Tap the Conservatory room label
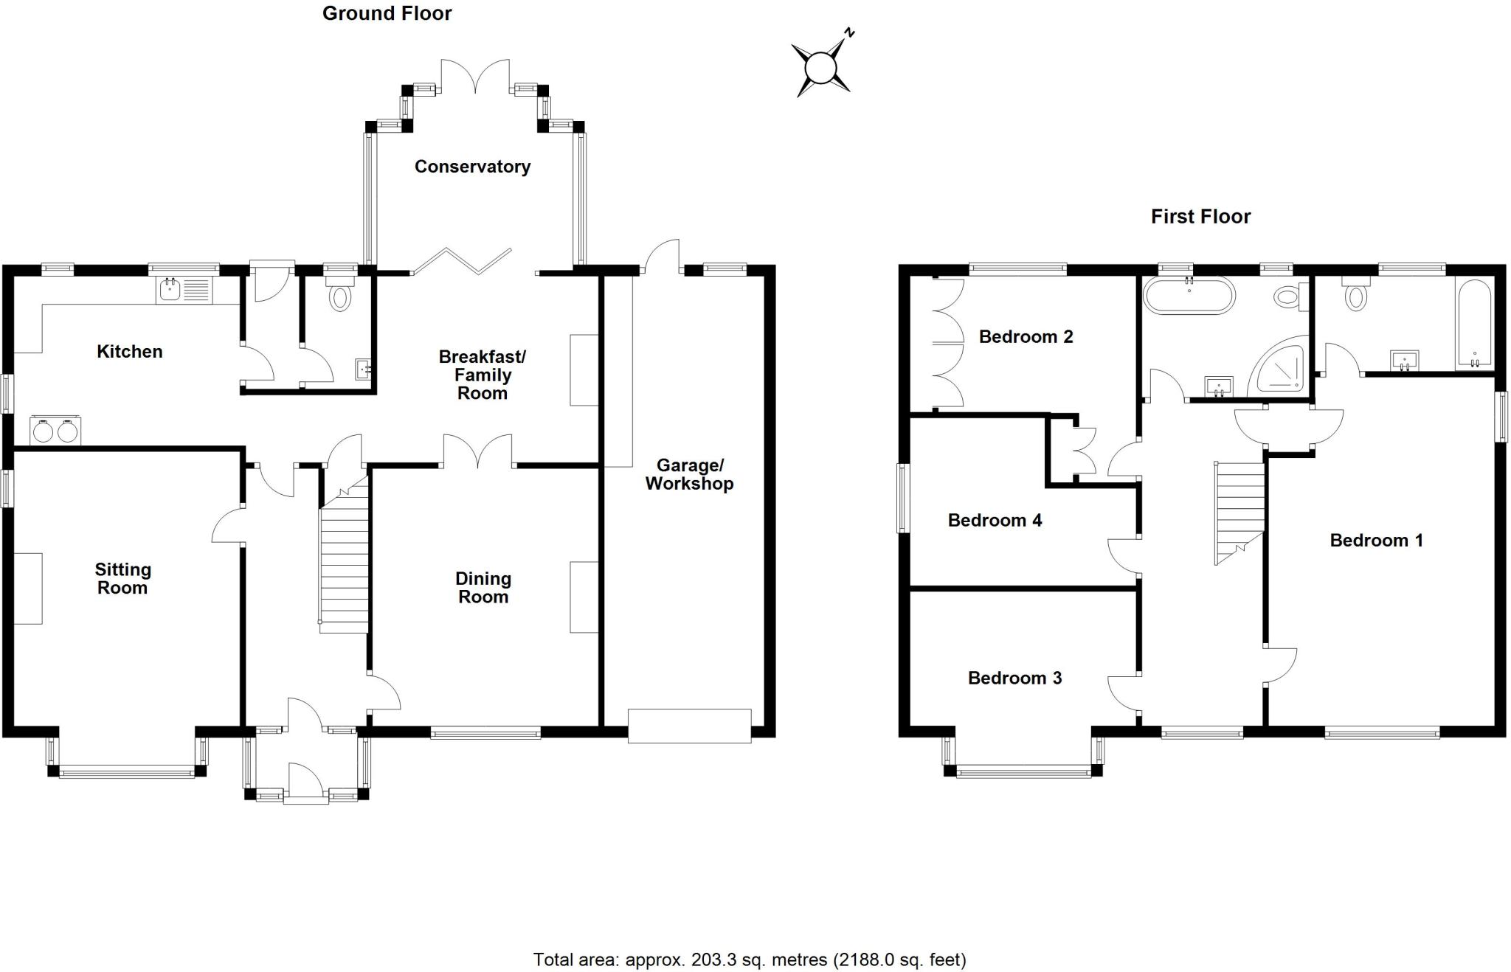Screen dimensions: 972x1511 (472, 167)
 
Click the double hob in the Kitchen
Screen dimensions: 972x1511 (55, 431)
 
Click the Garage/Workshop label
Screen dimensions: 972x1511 (689, 474)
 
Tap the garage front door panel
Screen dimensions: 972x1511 (689, 725)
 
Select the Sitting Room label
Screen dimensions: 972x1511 (122, 578)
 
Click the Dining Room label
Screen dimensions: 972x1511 (483, 588)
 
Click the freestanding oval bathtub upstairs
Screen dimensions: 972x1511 (1188, 296)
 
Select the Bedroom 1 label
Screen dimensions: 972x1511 (1376, 541)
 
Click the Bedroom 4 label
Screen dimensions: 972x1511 (995, 521)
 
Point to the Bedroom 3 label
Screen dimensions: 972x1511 (1014, 678)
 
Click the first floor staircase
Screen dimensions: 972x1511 (1239, 509)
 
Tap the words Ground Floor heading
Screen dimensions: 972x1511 (387, 13)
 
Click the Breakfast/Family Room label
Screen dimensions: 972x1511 (483, 375)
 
